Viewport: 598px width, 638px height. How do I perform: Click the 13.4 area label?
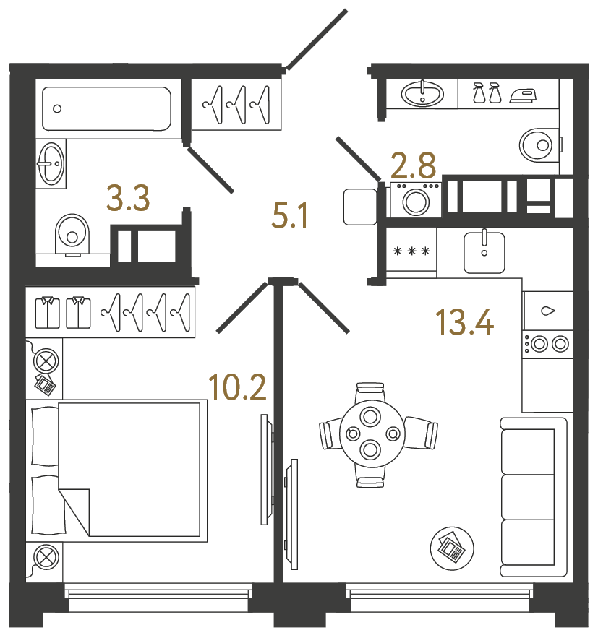[464, 322]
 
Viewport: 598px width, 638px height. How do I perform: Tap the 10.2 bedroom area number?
[237, 387]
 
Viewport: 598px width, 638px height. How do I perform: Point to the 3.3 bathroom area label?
[128, 199]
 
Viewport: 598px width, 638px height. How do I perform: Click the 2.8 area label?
[413, 165]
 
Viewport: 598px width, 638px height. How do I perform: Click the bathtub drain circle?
[57, 108]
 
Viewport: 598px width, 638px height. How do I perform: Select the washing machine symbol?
[415, 199]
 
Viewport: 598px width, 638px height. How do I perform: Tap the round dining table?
[372, 434]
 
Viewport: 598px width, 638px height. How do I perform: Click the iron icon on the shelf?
[524, 95]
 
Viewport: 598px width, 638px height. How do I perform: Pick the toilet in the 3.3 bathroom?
[72, 235]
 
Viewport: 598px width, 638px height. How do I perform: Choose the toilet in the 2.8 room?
[539, 145]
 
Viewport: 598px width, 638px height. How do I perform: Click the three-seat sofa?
[534, 497]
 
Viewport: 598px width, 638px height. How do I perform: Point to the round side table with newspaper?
[452, 548]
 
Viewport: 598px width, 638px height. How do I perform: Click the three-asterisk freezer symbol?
[411, 251]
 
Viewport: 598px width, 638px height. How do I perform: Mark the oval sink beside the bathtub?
[51, 163]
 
